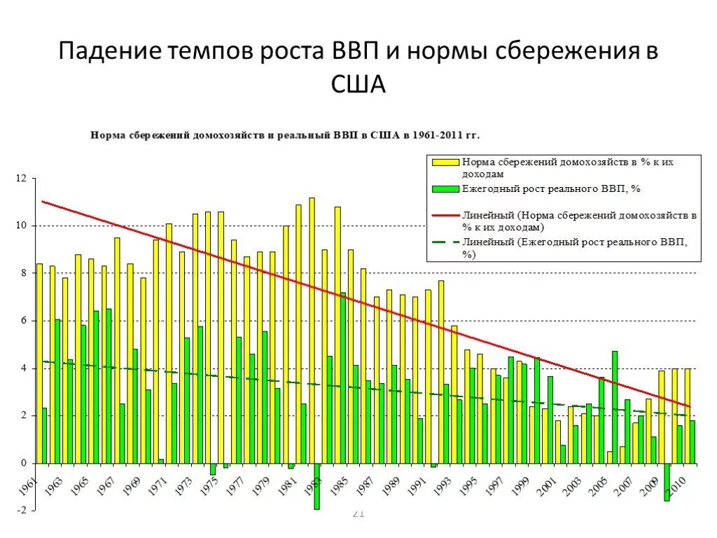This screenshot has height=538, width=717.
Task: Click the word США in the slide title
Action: pos(358,85)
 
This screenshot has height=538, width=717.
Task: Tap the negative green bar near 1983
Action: pos(317,486)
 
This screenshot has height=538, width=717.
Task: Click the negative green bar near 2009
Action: pos(667,482)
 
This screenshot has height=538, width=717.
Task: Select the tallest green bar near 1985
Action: pos(343,378)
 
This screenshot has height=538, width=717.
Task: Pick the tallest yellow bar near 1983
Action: pos(312,330)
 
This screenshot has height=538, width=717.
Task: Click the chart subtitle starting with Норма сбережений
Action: pos(284,134)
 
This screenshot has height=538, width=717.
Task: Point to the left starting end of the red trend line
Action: pos(43,202)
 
